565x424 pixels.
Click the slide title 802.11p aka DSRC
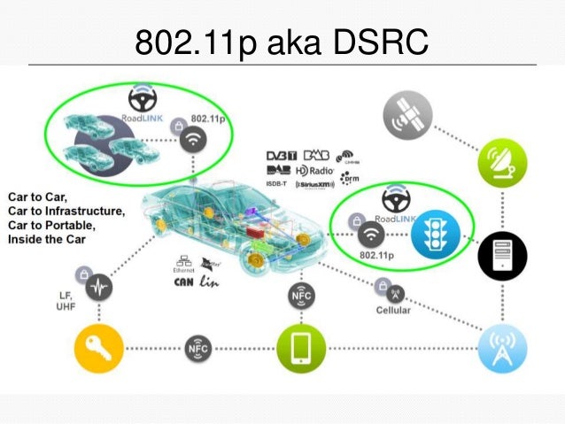click(282, 41)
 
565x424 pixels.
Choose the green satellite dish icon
click(503, 162)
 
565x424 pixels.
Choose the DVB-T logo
click(282, 156)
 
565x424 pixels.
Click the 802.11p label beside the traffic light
click(376, 257)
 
